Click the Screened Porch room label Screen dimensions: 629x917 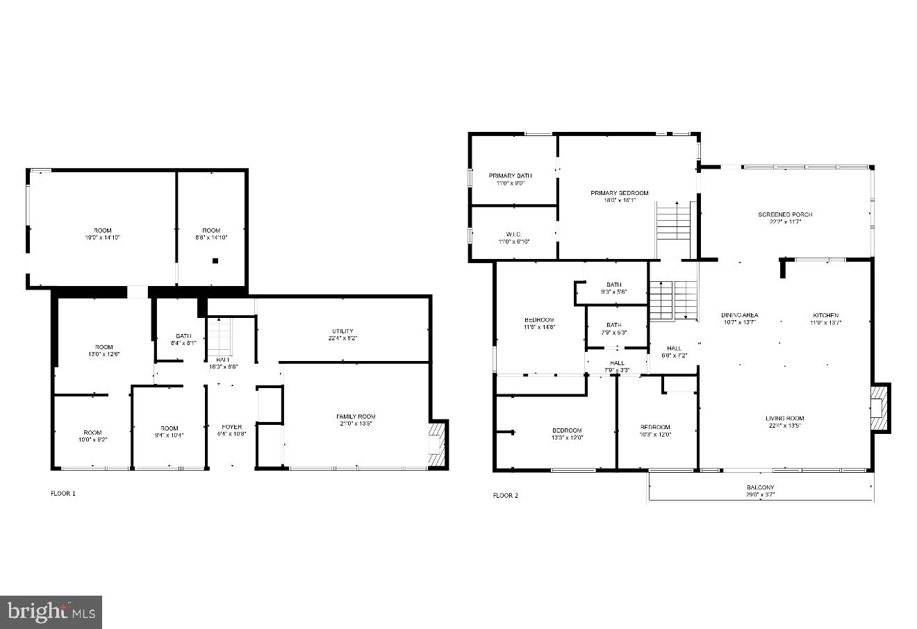pos(785,215)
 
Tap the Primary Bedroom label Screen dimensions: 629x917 pos(619,193)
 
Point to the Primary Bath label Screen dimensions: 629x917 pos(510,176)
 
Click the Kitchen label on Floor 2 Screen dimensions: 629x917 pos(825,315)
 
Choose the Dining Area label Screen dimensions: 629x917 pos(739,315)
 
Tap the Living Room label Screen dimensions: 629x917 pos(785,418)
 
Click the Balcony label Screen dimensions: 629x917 pos(761,487)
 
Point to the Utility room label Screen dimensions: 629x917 pos(342,331)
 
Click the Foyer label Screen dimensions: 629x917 pos(232,427)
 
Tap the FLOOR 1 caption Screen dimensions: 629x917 pos(63,494)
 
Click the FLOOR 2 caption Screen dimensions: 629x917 pos(505,496)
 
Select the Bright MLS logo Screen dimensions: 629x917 pos(51,612)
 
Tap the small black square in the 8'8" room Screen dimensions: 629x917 pos(215,261)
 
